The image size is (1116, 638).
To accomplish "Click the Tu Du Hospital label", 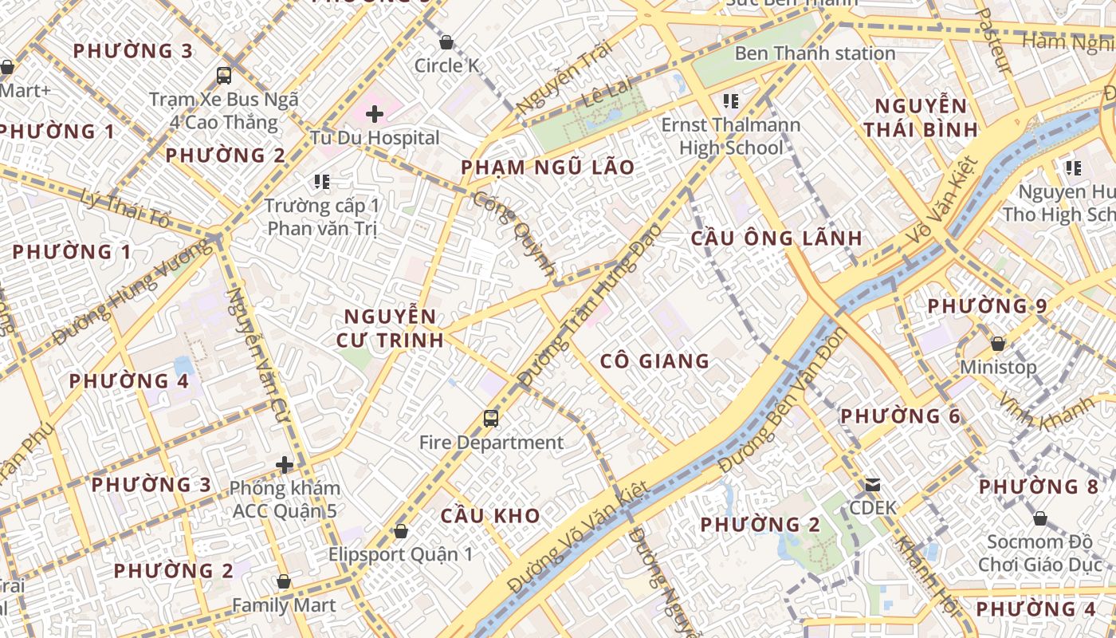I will click(x=375, y=137).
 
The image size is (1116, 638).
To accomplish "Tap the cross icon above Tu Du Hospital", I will click(x=375, y=114).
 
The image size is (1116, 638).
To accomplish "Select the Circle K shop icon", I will click(x=446, y=42).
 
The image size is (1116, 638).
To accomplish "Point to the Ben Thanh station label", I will click(x=815, y=53).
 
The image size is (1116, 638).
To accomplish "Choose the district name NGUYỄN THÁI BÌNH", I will click(x=921, y=117).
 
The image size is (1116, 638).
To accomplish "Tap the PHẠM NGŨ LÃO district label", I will click(x=548, y=167).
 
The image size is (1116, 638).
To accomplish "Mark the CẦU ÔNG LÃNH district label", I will click(x=776, y=238).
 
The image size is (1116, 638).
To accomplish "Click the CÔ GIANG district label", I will click(x=654, y=361).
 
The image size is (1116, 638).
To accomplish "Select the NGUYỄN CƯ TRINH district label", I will click(x=390, y=328).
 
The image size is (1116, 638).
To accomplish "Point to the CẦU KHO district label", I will click(x=490, y=515).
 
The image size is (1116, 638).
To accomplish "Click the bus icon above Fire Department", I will click(x=491, y=418).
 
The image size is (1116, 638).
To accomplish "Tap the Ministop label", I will click(x=998, y=368).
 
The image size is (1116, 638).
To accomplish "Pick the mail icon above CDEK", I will click(x=873, y=484).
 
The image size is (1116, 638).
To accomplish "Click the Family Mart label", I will click(x=284, y=605).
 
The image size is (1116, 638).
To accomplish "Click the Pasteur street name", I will click(x=993, y=40).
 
